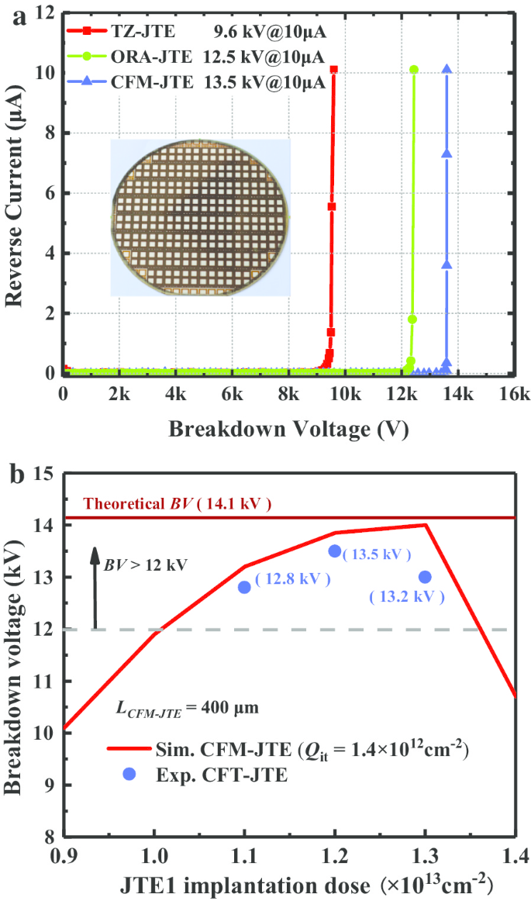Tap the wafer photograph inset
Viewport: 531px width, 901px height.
(x=200, y=218)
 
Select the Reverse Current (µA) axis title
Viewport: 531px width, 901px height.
(x=17, y=194)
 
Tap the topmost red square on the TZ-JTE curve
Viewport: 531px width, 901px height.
(x=333, y=70)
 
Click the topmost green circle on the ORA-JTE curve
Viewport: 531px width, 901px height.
(x=414, y=70)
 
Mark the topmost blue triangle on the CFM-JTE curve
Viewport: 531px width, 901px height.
(x=447, y=70)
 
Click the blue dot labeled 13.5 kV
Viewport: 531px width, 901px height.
(x=335, y=551)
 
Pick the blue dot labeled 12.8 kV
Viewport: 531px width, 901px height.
(x=245, y=587)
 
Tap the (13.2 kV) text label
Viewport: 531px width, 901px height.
(x=407, y=597)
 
